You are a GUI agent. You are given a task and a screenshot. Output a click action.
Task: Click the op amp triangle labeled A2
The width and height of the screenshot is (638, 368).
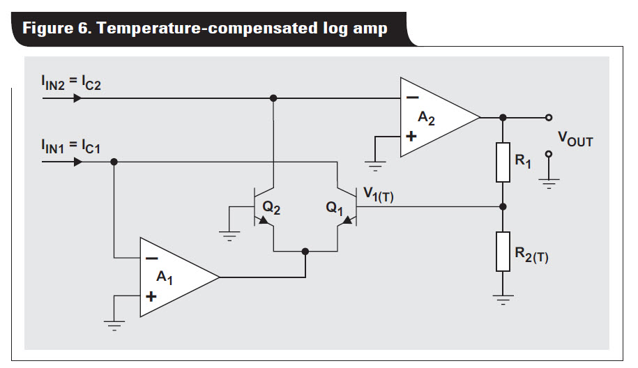(436, 118)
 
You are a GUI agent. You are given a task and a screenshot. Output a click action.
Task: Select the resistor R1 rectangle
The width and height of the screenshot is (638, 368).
(503, 162)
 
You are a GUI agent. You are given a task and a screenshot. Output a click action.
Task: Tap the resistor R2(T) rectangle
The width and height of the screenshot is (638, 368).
(503, 252)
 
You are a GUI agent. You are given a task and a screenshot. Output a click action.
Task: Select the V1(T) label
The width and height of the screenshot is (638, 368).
(379, 196)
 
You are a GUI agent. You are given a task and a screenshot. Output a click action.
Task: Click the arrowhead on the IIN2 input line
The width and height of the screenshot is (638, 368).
(77, 98)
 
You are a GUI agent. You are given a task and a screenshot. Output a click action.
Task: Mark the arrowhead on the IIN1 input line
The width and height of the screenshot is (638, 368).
(77, 162)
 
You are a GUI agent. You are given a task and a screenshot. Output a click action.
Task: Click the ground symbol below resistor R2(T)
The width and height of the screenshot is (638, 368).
(503, 299)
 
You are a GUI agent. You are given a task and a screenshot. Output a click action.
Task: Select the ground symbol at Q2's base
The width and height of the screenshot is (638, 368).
(229, 235)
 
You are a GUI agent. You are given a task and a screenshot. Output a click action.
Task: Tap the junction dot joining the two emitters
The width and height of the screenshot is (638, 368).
(305, 250)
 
